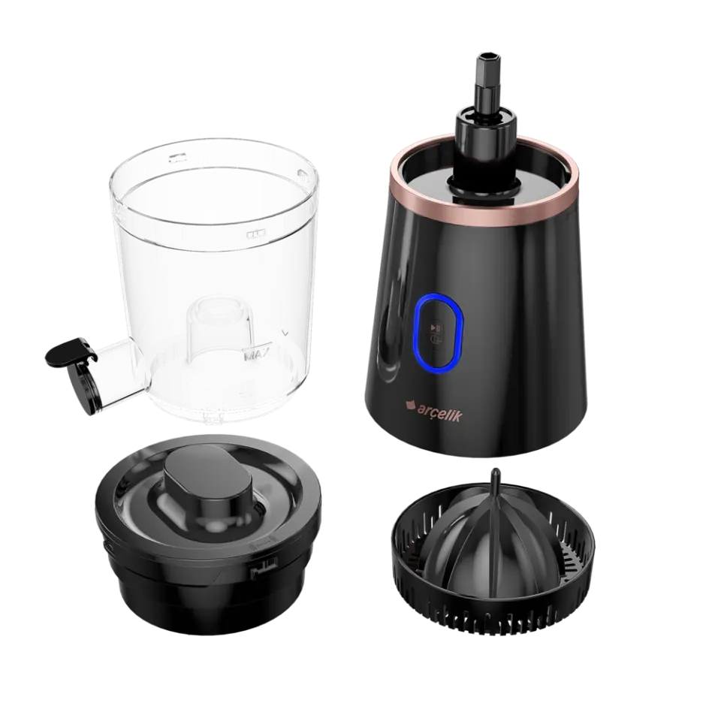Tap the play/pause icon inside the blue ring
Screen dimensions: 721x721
click(x=435, y=328)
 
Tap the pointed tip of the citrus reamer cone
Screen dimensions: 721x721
click(x=496, y=475)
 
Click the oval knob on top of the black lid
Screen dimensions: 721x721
click(x=208, y=485)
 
